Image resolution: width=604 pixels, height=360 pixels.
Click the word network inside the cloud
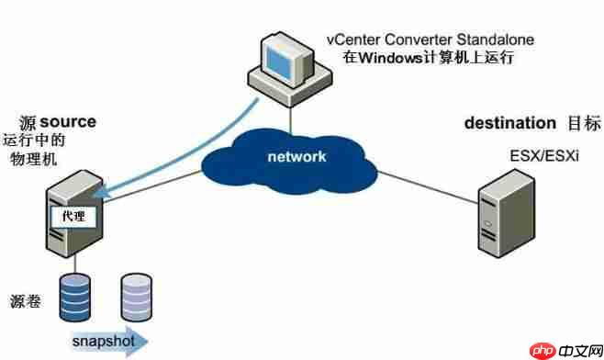coord(296,156)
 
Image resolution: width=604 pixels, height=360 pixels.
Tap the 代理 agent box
coord(72,218)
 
